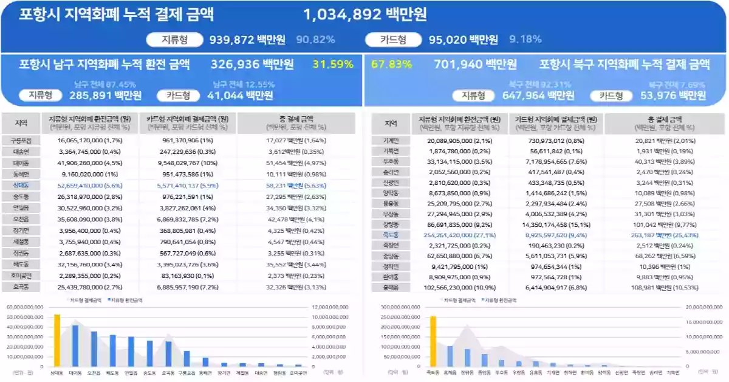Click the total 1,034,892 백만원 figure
click(364, 15)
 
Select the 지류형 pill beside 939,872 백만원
click(174, 40)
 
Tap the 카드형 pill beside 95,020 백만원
click(393, 40)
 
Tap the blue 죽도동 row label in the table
click(391, 234)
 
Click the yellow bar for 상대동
click(57, 341)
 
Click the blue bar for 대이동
click(75, 346)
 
